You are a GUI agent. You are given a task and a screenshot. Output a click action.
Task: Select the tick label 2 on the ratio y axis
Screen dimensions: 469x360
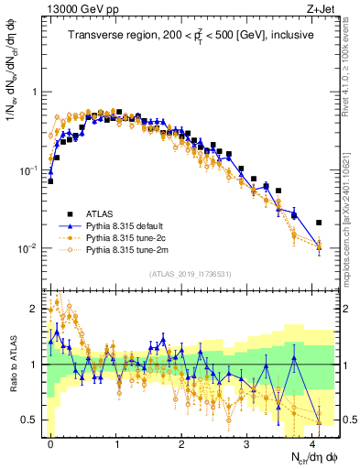(x=33, y=309)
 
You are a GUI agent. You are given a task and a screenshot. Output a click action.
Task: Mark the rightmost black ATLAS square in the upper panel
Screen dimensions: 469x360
(x=319, y=223)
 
